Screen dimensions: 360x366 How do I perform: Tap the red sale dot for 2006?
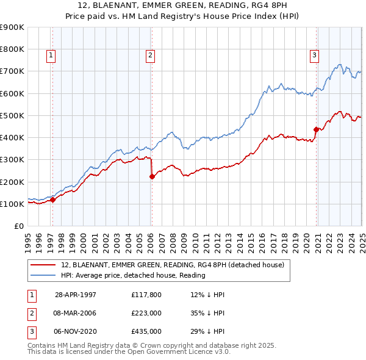152,177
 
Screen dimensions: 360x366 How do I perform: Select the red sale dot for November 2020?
316,129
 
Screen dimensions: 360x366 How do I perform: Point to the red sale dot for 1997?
53,200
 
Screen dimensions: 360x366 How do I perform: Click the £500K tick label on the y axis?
12,115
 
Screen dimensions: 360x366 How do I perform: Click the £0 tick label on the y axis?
18,226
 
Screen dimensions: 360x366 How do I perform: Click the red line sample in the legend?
43,265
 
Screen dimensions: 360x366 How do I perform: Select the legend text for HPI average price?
133,275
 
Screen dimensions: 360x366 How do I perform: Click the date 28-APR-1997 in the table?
76,295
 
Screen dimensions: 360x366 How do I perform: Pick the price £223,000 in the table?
146,313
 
